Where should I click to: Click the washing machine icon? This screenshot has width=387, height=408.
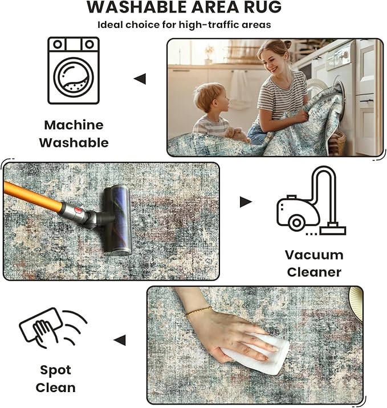pyautogui.click(x=74, y=71)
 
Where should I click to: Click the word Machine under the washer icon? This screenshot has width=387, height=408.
pyautogui.click(x=74, y=125)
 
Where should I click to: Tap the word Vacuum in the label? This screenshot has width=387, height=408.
pyautogui.click(x=314, y=254)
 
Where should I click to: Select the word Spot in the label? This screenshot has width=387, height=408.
pyautogui.click(x=55, y=370)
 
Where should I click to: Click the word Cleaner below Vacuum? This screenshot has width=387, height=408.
pyautogui.click(x=314, y=272)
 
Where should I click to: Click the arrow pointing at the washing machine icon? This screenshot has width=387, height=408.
pyautogui.click(x=140, y=79)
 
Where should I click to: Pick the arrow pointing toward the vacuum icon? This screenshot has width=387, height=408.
pyautogui.click(x=246, y=201)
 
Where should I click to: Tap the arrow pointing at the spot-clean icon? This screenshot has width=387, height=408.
pyautogui.click(x=119, y=340)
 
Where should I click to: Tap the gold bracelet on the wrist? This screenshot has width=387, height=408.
pyautogui.click(x=198, y=311)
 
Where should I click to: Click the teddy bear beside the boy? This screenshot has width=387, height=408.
pyautogui.click(x=236, y=134)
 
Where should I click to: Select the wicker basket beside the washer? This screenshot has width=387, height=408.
pyautogui.click(x=337, y=143)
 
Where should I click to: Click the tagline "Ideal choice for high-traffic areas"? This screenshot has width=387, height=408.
pyautogui.click(x=184, y=24)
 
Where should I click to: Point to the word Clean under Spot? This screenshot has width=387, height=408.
pyautogui.click(x=55, y=388)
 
